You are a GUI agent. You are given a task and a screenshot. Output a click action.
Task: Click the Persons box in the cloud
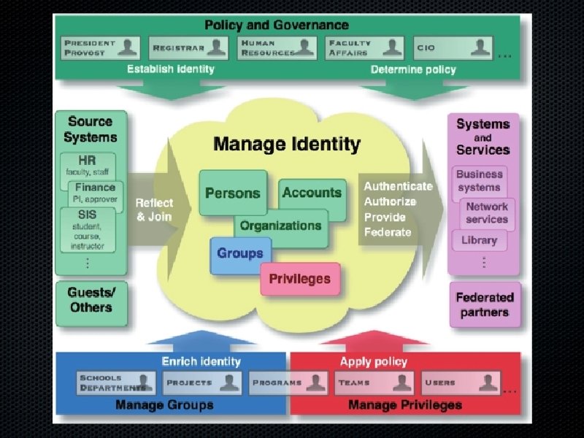tap(233, 193)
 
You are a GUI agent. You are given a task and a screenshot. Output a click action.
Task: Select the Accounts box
tap(312, 193)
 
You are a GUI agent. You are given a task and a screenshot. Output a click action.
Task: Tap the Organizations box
tap(281, 226)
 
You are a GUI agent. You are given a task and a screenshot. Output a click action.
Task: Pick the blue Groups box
tap(240, 254)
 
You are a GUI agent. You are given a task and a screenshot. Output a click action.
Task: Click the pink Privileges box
tap(300, 279)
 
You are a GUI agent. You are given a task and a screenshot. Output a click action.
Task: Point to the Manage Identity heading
tap(287, 144)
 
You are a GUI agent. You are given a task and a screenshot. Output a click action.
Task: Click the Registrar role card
tap(189, 48)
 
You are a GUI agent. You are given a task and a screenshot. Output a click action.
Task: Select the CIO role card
tap(453, 48)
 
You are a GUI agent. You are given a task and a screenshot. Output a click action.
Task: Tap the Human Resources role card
tap(277, 48)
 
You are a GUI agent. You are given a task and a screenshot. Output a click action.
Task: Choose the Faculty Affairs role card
tap(364, 48)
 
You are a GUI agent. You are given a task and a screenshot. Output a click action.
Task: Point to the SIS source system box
tap(88, 228)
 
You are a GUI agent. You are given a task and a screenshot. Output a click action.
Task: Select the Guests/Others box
tap(91, 300)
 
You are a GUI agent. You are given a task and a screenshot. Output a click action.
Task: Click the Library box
tap(480, 240)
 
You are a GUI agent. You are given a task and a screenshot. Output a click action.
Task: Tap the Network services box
tap(487, 212)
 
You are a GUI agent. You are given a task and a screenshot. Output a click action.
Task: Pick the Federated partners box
tap(485, 304)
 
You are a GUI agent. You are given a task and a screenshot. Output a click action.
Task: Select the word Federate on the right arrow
tap(388, 232)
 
